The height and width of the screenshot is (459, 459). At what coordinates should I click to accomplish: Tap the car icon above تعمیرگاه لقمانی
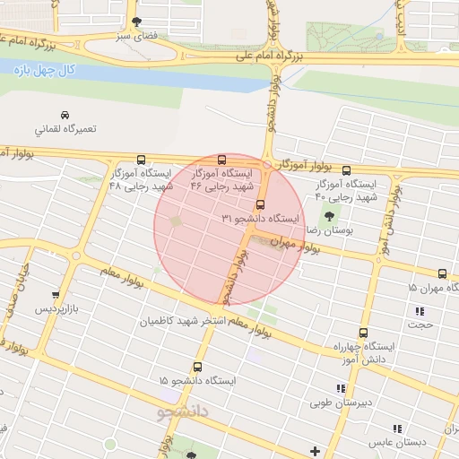point(65,115)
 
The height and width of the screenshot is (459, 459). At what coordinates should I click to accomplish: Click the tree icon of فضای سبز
point(135,22)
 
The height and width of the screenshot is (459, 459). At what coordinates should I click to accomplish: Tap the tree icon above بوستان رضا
point(331,215)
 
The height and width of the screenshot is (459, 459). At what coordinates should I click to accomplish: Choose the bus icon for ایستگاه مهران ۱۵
point(442,273)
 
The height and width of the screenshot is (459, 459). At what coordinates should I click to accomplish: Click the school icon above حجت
point(419,312)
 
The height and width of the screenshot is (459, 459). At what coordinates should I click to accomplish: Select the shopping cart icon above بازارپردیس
point(56,294)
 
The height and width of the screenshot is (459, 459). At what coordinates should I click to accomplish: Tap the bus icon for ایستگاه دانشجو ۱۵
point(197,366)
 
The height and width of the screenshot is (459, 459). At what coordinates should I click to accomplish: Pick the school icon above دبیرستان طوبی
point(340,388)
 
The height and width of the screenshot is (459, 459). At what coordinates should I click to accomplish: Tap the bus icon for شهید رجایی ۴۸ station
point(141,160)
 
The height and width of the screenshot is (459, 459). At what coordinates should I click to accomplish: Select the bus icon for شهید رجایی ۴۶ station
point(222,160)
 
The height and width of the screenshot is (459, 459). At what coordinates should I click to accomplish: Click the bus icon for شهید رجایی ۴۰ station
point(346,170)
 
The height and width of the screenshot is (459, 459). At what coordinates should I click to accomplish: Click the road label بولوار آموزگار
point(305,166)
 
